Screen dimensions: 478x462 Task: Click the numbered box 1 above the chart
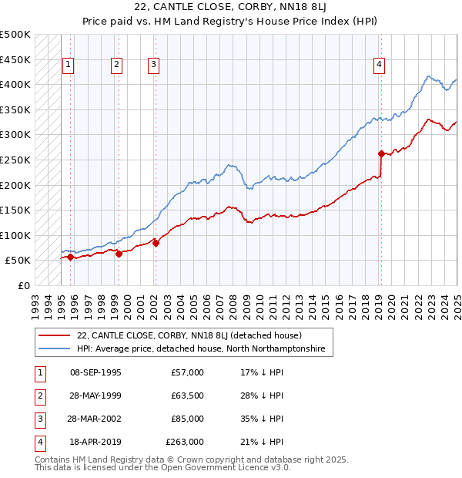(69, 66)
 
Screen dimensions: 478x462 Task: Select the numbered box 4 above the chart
(380, 66)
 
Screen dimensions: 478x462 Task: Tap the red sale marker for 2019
(381, 153)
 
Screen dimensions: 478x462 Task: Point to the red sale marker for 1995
(70, 257)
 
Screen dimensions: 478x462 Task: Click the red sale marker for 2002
(156, 243)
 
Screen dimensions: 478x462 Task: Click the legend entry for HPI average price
(201, 349)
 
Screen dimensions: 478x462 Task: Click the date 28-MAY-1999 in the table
(95, 396)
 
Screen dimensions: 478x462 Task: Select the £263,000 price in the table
(185, 442)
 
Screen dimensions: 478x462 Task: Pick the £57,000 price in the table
(187, 372)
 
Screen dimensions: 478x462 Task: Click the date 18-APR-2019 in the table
(95, 442)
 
